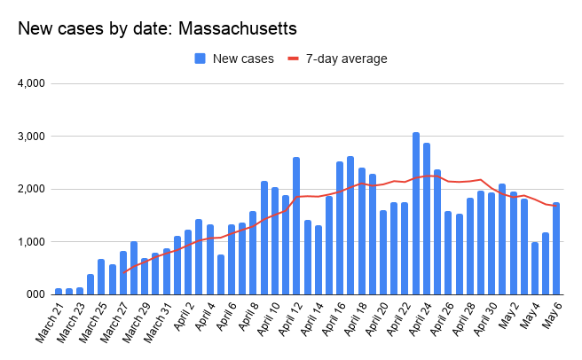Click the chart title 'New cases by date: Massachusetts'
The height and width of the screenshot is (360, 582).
157,28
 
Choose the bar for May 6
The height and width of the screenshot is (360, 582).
556,248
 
